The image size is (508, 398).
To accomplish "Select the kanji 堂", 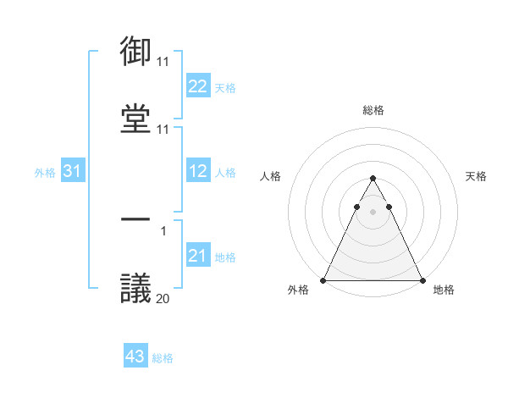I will click(x=136, y=119).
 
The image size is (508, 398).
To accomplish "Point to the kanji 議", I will click(x=136, y=289).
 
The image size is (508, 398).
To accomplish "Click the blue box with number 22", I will click(x=198, y=86).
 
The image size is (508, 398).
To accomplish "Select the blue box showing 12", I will click(x=198, y=172).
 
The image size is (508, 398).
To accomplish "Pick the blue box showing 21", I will click(x=198, y=257).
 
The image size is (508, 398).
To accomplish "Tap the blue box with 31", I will click(x=73, y=172).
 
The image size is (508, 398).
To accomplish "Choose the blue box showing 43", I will click(x=135, y=357).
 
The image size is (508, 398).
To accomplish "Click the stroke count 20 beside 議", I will click(x=163, y=298).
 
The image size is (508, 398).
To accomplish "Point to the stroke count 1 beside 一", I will click(x=163, y=229).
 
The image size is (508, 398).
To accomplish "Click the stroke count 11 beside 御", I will click(x=163, y=62).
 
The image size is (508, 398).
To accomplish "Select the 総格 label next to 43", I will click(x=163, y=358).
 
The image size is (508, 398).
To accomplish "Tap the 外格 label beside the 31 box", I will click(x=45, y=173).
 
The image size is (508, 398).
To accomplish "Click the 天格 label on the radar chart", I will click(x=476, y=176).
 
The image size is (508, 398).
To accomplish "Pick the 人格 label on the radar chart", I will click(x=270, y=176).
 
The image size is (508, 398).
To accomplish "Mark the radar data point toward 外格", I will click(x=323, y=280).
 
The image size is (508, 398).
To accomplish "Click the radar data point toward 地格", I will click(x=422, y=280).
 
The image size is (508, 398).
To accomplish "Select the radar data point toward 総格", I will click(x=373, y=179).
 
